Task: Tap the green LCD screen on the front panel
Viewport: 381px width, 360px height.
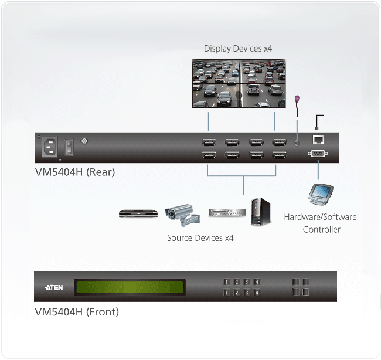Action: point(130,287)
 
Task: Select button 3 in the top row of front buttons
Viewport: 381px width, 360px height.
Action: point(247,281)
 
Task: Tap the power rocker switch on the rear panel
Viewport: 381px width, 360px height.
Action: point(69,147)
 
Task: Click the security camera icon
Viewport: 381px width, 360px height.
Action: point(182,215)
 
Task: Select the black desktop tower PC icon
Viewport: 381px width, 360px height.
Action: point(261,212)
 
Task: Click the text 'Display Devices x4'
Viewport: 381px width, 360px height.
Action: point(238,48)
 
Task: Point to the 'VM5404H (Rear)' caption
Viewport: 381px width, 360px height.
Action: point(74,172)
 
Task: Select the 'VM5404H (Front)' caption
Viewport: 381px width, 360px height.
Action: point(77,312)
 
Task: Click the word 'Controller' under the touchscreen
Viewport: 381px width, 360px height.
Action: point(321,229)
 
